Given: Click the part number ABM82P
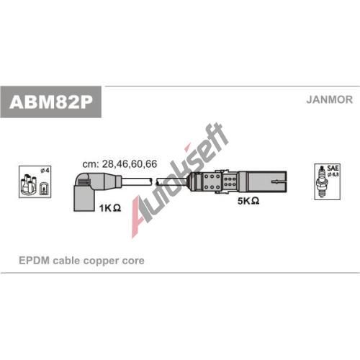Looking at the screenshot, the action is click(x=51, y=102).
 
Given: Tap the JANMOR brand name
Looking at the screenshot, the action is click(x=329, y=99).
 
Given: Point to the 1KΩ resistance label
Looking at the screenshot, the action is click(x=110, y=208).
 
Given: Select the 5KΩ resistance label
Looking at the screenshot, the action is click(x=248, y=201).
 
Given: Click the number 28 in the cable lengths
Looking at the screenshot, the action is click(x=107, y=164).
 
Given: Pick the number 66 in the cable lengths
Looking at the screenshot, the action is click(x=151, y=164).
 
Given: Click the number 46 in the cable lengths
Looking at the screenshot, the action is click(x=122, y=164).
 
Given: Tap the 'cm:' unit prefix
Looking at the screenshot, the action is click(x=91, y=164).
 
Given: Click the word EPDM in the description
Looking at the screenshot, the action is click(x=34, y=261).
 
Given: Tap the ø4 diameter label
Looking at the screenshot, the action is click(x=45, y=171).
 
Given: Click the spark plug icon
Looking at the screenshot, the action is click(x=322, y=182).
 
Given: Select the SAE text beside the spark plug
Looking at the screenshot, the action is click(x=333, y=168).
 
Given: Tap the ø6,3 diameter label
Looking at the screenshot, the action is click(x=333, y=174).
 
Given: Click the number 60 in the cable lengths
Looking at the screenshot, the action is click(x=137, y=164).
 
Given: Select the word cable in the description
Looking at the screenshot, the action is click(x=66, y=261).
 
